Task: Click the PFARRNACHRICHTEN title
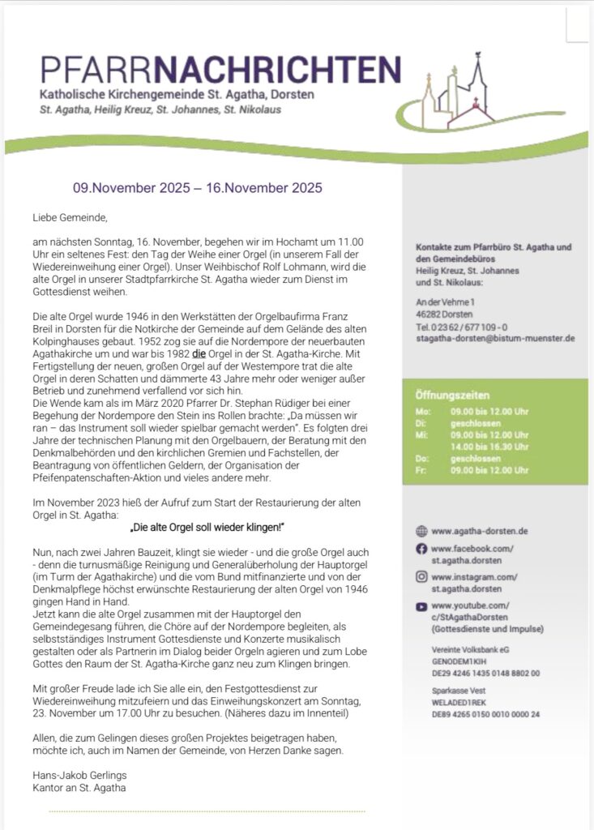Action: [220, 70]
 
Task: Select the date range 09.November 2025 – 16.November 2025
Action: [198, 188]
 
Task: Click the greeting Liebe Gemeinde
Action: [70, 218]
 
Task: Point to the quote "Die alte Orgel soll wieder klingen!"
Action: [207, 528]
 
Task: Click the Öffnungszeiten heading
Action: [452, 396]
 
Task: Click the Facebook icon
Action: [421, 549]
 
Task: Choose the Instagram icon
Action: [421, 577]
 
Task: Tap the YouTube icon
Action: [421, 605]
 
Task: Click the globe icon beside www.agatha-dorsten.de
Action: [421, 532]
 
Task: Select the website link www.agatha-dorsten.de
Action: [480, 532]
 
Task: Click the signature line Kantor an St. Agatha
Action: [79, 787]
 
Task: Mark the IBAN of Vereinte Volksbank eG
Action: [485, 673]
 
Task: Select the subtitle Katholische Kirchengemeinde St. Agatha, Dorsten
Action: [177, 95]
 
